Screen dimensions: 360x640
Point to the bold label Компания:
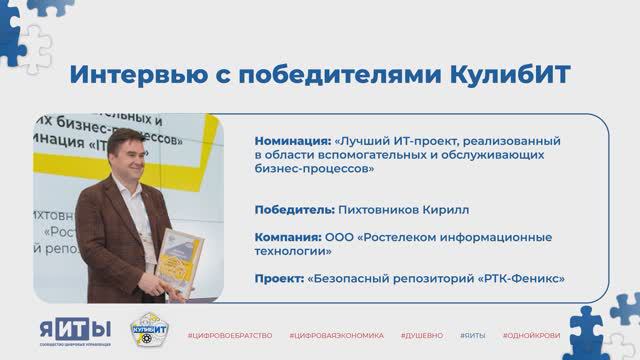pos(288,237)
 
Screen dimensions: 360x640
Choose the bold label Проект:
pos(279,277)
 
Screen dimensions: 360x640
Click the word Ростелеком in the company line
pos(402,237)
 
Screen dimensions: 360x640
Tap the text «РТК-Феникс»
pos(522,277)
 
